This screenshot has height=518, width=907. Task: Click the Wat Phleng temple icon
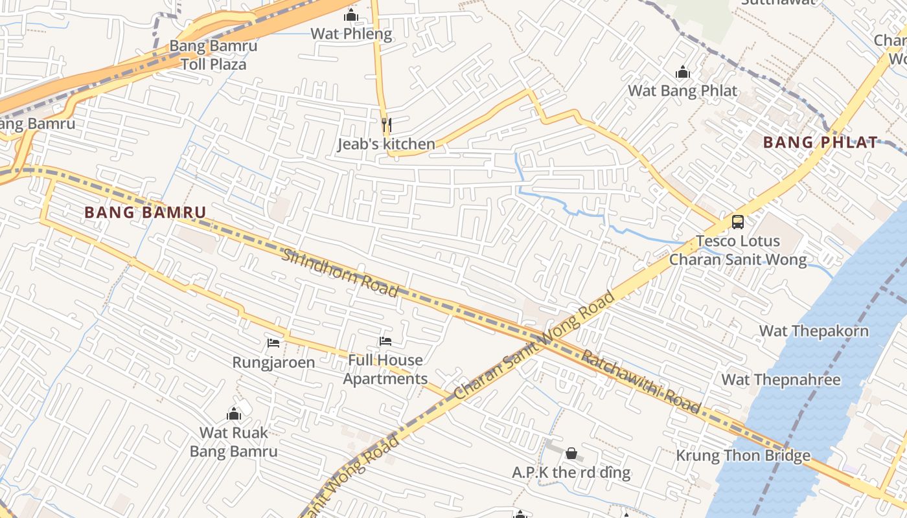(x=351, y=15)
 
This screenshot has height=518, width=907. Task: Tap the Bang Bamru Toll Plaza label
(x=213, y=55)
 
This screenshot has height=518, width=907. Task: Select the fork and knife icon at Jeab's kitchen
(x=386, y=124)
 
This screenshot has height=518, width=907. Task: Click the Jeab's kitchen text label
(x=386, y=144)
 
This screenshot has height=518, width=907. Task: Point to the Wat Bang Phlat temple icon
(x=683, y=72)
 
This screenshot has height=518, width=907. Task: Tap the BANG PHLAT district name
(x=820, y=142)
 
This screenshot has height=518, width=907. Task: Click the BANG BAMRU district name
(x=145, y=212)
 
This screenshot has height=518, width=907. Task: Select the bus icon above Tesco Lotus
(x=737, y=221)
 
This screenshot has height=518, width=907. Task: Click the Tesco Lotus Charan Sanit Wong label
(x=738, y=251)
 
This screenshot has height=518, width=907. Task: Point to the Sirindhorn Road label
(x=340, y=272)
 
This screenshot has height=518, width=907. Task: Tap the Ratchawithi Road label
(x=641, y=381)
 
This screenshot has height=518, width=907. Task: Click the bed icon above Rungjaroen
(x=273, y=343)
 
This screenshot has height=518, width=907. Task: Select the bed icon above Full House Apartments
(x=385, y=341)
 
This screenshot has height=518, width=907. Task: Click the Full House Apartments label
(x=385, y=369)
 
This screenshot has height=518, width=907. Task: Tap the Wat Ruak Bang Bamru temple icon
(x=234, y=413)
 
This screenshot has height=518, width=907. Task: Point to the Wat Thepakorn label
(x=814, y=331)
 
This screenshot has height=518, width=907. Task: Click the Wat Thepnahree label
(x=781, y=379)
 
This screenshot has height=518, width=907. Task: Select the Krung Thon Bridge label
(x=743, y=455)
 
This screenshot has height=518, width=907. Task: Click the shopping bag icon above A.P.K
(x=571, y=453)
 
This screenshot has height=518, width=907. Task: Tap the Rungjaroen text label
(x=273, y=362)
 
